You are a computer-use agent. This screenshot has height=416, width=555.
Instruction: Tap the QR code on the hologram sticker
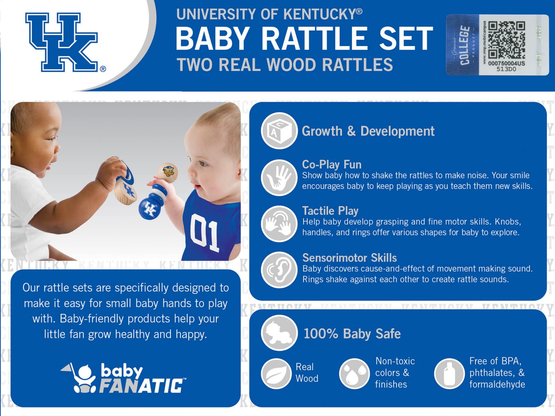(506, 39)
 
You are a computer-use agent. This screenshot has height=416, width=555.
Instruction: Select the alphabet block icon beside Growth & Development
(279, 131)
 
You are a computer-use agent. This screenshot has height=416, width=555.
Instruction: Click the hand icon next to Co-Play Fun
(279, 177)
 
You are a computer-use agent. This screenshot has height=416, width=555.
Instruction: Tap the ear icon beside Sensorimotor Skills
(279, 270)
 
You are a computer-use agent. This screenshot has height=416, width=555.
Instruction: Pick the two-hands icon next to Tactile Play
(279, 223)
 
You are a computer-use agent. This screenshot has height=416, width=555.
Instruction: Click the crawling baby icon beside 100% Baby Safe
(279, 333)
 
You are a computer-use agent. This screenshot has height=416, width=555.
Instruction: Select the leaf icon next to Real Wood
(276, 374)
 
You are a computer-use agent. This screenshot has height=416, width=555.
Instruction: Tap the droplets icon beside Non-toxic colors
(354, 374)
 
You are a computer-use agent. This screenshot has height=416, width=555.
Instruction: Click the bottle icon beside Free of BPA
(449, 374)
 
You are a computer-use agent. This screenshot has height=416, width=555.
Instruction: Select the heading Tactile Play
(330, 211)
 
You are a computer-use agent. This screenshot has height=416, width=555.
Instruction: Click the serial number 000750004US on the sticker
(506, 64)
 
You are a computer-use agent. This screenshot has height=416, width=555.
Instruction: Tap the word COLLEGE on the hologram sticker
(465, 45)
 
